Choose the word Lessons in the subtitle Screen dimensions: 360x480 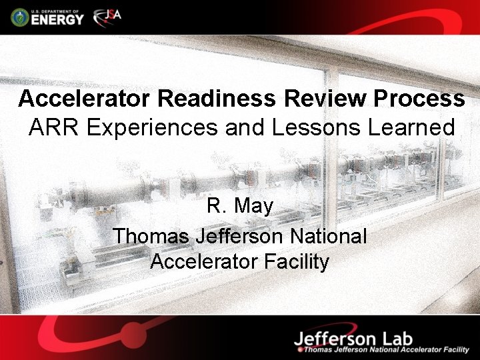(314, 127)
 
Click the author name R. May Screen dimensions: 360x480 (240, 207)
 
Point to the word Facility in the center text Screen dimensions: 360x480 (297, 261)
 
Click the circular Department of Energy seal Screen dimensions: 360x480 (20, 17)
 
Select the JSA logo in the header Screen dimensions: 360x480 (107, 16)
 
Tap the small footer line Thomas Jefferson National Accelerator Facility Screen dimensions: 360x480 (387, 349)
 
